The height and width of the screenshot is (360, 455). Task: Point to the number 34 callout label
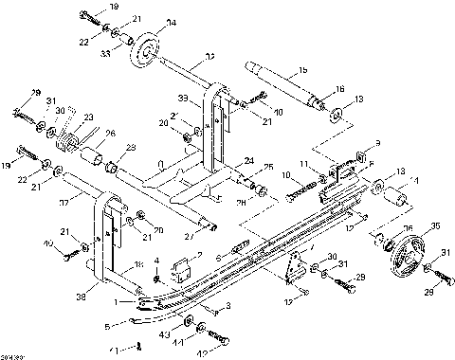pos(171,23)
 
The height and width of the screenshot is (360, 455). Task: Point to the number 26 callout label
pos(110,133)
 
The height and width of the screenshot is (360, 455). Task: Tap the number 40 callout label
pos(47,244)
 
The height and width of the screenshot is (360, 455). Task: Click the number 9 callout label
pos(376,144)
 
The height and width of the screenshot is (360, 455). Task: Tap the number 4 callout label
pos(156,260)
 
